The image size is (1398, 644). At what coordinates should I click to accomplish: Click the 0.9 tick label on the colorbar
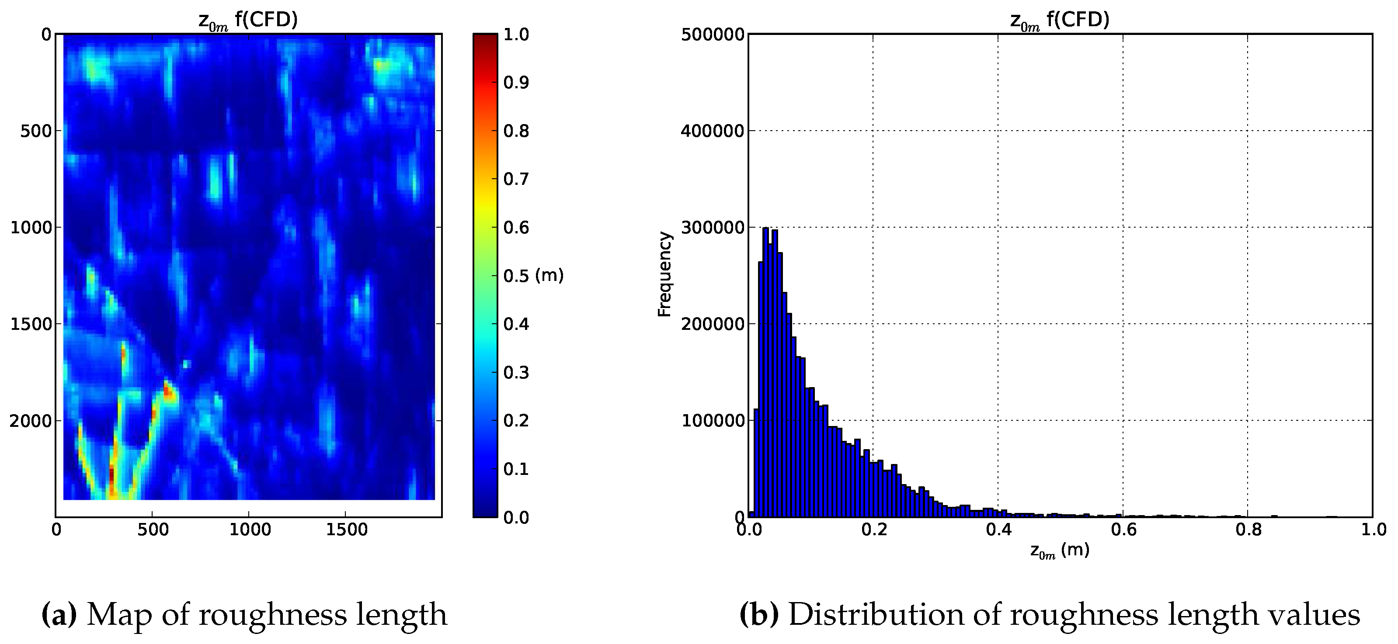pos(515,83)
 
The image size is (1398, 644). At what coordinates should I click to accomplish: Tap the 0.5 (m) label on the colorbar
pos(533,276)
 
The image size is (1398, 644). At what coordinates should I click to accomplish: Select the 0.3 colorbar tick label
pos(515,372)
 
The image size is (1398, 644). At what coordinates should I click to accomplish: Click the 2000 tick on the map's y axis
pos(31,420)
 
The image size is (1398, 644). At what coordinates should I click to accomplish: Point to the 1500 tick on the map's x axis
pos(346,530)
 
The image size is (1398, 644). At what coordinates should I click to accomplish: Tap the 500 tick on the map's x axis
pos(153,530)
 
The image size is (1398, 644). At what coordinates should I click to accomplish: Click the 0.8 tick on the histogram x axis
pos(1248,530)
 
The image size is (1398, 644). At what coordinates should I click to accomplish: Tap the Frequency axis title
pos(664,274)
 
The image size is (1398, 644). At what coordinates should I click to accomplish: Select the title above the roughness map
pos(248,21)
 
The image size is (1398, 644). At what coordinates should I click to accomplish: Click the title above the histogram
pos(1059,21)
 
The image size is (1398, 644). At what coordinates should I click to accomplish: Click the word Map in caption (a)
pos(119,615)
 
